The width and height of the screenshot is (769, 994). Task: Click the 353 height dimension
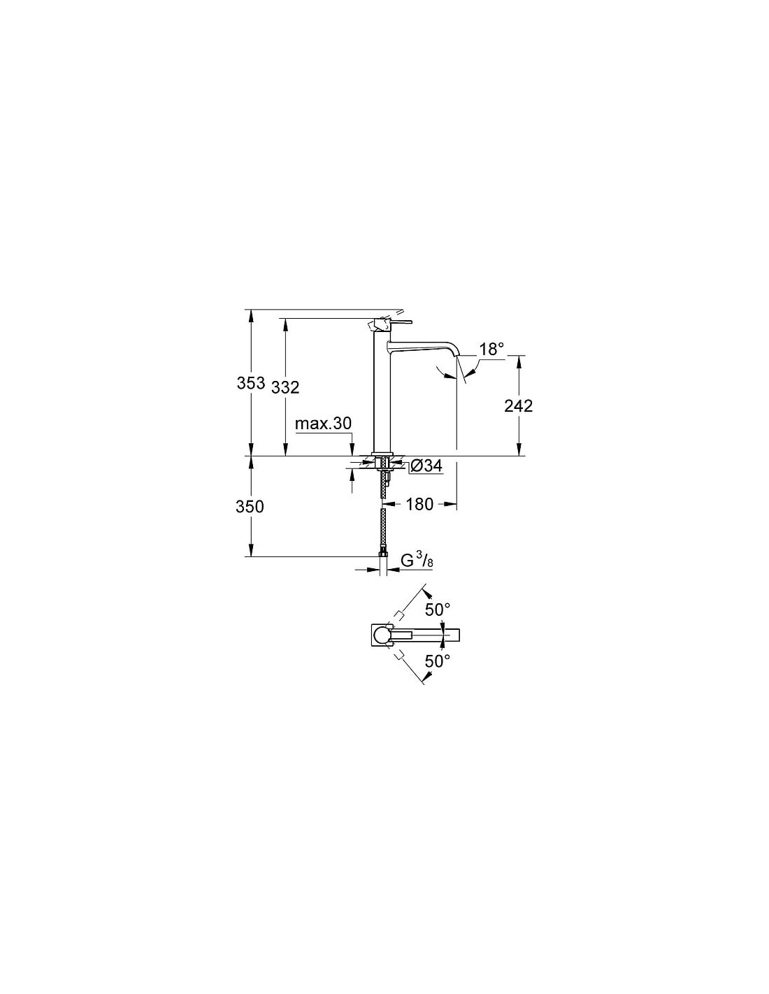click(x=251, y=382)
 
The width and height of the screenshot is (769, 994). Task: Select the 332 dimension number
click(x=285, y=387)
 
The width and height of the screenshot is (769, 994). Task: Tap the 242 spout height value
click(x=518, y=405)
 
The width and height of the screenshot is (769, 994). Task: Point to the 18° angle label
click(x=491, y=350)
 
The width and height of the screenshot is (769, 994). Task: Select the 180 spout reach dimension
click(x=419, y=504)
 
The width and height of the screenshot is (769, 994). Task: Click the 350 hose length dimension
click(x=250, y=507)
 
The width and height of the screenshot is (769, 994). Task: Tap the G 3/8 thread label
click(x=417, y=561)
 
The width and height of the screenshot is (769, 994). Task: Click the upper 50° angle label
click(x=438, y=608)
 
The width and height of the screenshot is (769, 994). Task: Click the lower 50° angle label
click(x=438, y=661)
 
